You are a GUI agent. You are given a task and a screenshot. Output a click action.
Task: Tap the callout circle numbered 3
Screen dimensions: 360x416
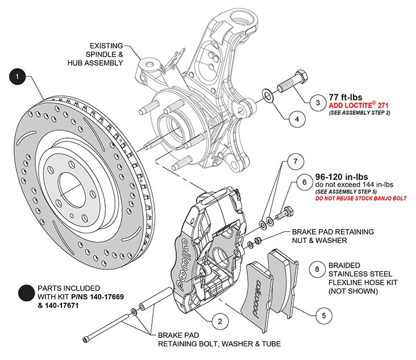pyautogui.click(x=317, y=103)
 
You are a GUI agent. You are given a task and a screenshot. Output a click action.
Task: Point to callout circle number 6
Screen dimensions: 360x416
pyautogui.click(x=305, y=183)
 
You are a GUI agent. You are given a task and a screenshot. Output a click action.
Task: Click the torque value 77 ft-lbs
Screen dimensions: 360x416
pyautogui.click(x=346, y=97)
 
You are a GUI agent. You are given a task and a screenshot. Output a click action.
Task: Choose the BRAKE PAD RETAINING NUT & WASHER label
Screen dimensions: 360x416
pyautogui.click(x=332, y=236)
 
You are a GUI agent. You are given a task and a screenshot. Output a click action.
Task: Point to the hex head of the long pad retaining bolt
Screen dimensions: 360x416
pyautogui.click(x=86, y=340)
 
